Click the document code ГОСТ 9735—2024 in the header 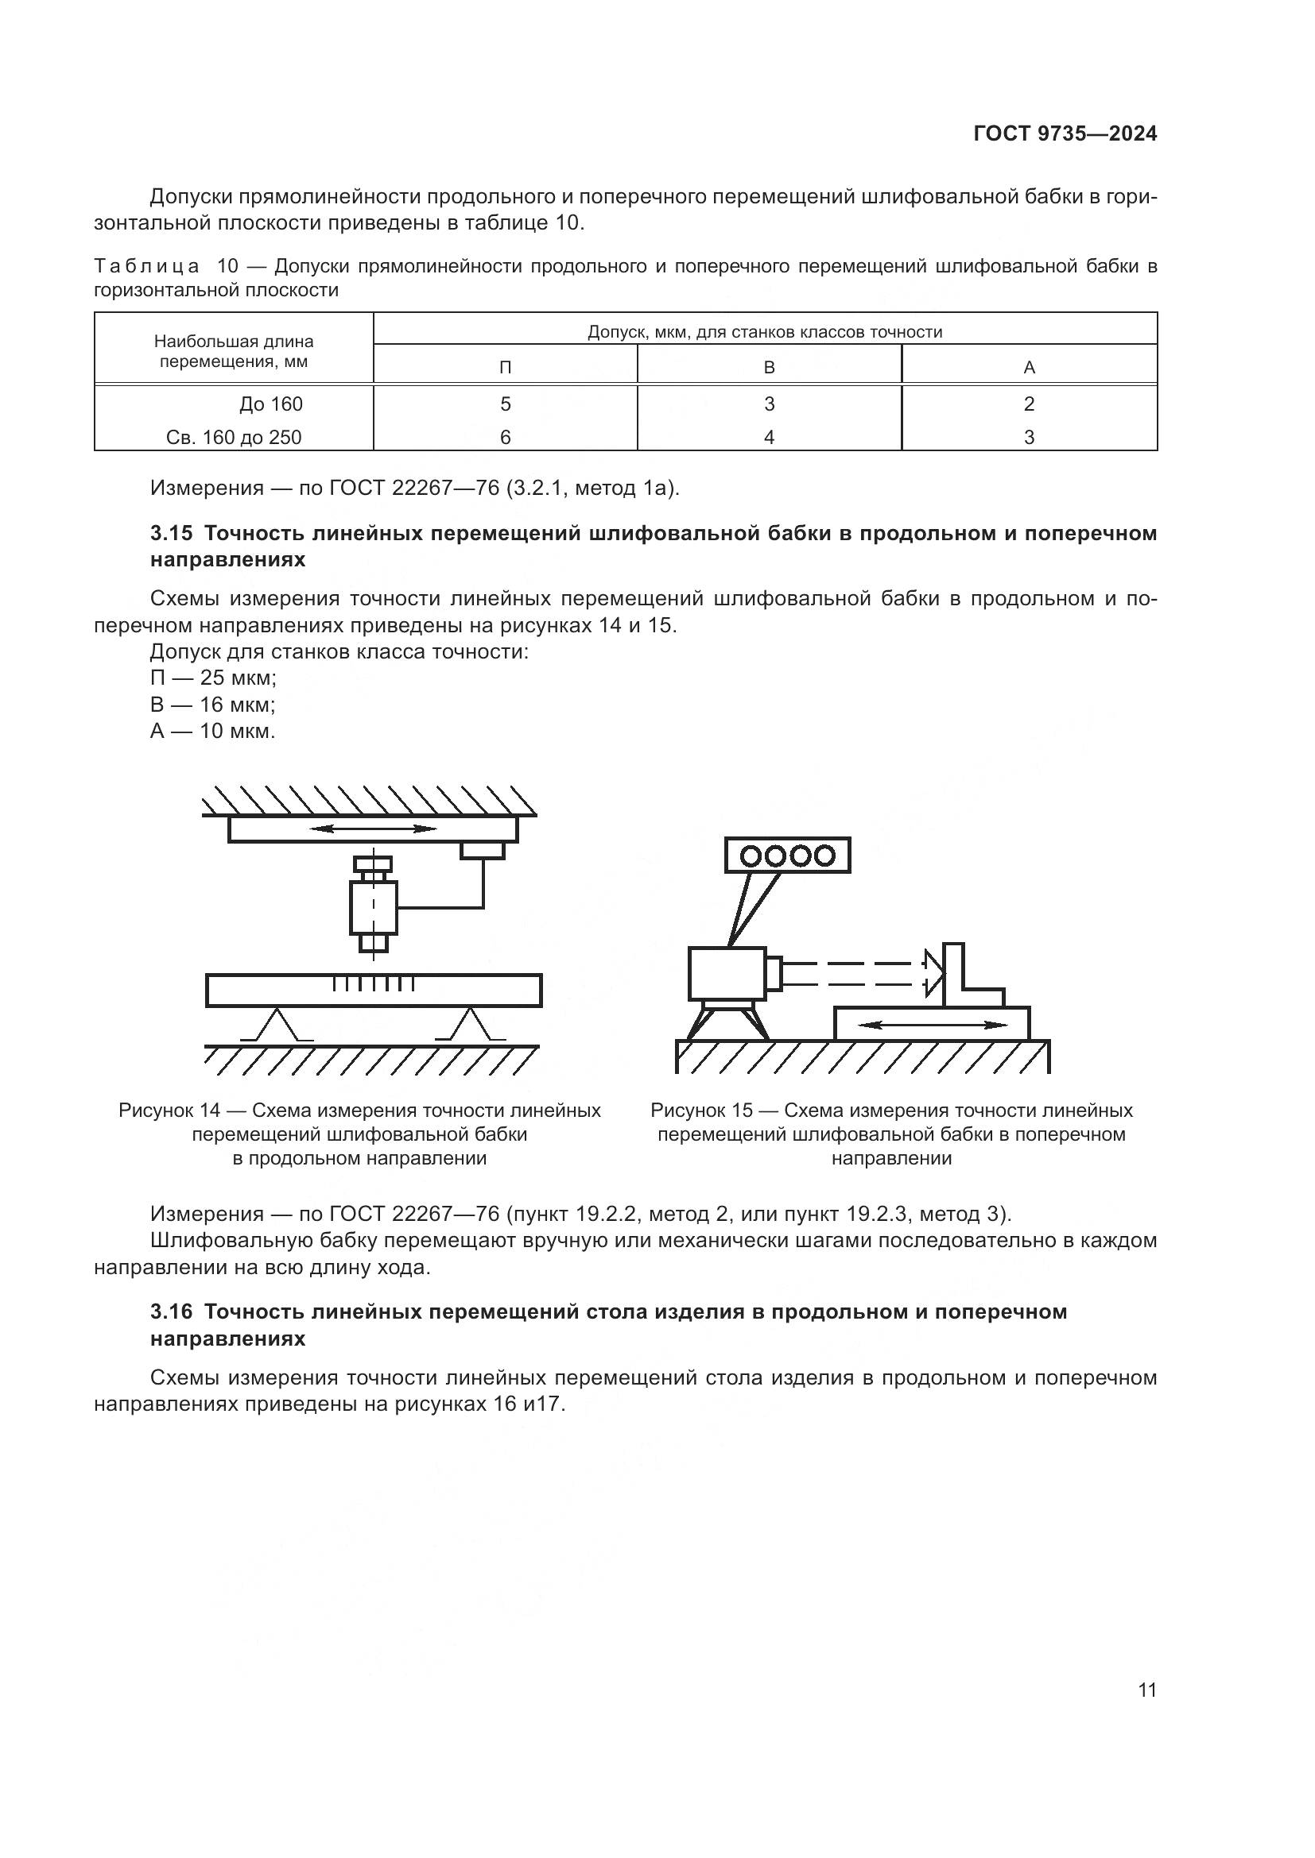pos(1064,134)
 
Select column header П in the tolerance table pos(506,368)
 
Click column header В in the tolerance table pos(770,368)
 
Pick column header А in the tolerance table pos(1029,368)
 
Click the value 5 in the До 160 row pos(506,404)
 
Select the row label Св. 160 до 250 pos(233,438)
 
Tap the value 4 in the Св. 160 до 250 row pos(770,438)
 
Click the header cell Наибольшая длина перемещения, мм pos(233,351)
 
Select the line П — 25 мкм pos(213,678)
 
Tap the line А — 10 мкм pos(212,732)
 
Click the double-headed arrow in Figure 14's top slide pos(374,829)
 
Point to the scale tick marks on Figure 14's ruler pos(374,984)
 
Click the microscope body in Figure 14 pos(374,908)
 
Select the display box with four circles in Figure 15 pos(788,856)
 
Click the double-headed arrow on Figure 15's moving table pos(932,1026)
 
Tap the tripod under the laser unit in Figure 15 pos(727,1021)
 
